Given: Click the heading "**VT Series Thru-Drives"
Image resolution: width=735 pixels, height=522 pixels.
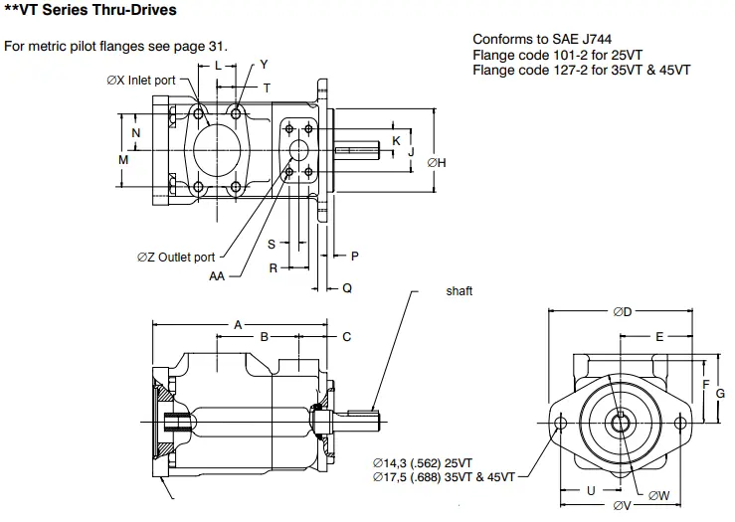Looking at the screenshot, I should pos(91,11).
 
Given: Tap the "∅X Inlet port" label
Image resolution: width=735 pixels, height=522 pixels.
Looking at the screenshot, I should pos(141,81).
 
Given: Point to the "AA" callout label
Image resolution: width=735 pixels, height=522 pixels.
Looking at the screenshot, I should pos(217,276).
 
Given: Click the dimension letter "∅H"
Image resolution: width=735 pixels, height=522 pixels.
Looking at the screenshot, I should pos(436,162).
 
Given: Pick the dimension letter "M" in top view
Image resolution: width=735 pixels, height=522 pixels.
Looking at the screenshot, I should pos(123,159).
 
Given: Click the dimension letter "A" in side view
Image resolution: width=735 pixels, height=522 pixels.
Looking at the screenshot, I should pos(238,324).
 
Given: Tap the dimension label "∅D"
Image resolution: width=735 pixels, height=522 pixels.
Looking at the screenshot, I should pos(623,311).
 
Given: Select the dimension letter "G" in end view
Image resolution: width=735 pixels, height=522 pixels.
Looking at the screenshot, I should pos(720,393).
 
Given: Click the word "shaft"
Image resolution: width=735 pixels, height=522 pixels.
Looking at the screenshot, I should pos(459,291).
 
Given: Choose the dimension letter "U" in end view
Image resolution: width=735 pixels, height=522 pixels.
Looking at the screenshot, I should pos(590,489).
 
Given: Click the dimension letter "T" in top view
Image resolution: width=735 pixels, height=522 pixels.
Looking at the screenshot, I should pos(267,87).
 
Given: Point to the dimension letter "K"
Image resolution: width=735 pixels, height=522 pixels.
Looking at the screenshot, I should pos(396,141).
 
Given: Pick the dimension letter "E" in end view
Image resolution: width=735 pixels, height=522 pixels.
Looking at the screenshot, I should pos(658,337).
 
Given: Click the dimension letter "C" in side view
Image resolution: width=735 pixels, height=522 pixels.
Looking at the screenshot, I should pos(346,337).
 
